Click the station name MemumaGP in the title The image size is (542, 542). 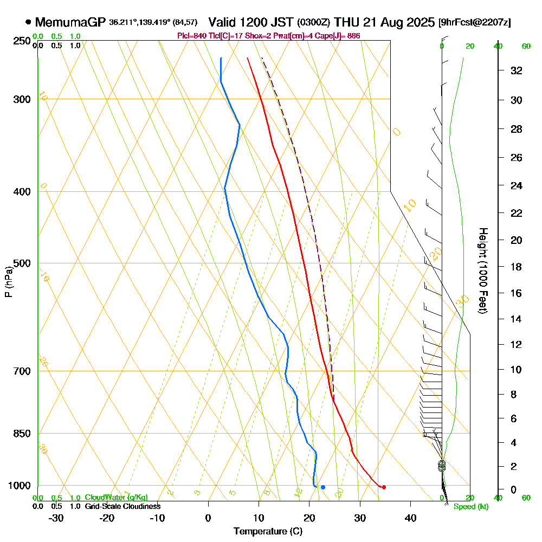(x=71, y=22)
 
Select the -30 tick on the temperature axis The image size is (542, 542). (x=56, y=518)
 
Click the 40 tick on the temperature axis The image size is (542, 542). (x=411, y=518)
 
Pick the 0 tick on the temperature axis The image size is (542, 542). (x=208, y=518)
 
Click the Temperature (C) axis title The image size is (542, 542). (x=268, y=532)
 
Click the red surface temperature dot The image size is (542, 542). (x=384, y=487)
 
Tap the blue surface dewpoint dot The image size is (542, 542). (x=322, y=487)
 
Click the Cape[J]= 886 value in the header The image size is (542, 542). (x=341, y=36)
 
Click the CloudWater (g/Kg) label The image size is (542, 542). (x=116, y=498)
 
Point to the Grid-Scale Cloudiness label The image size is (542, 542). (x=122, y=506)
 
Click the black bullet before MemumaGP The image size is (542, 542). (x=28, y=23)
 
